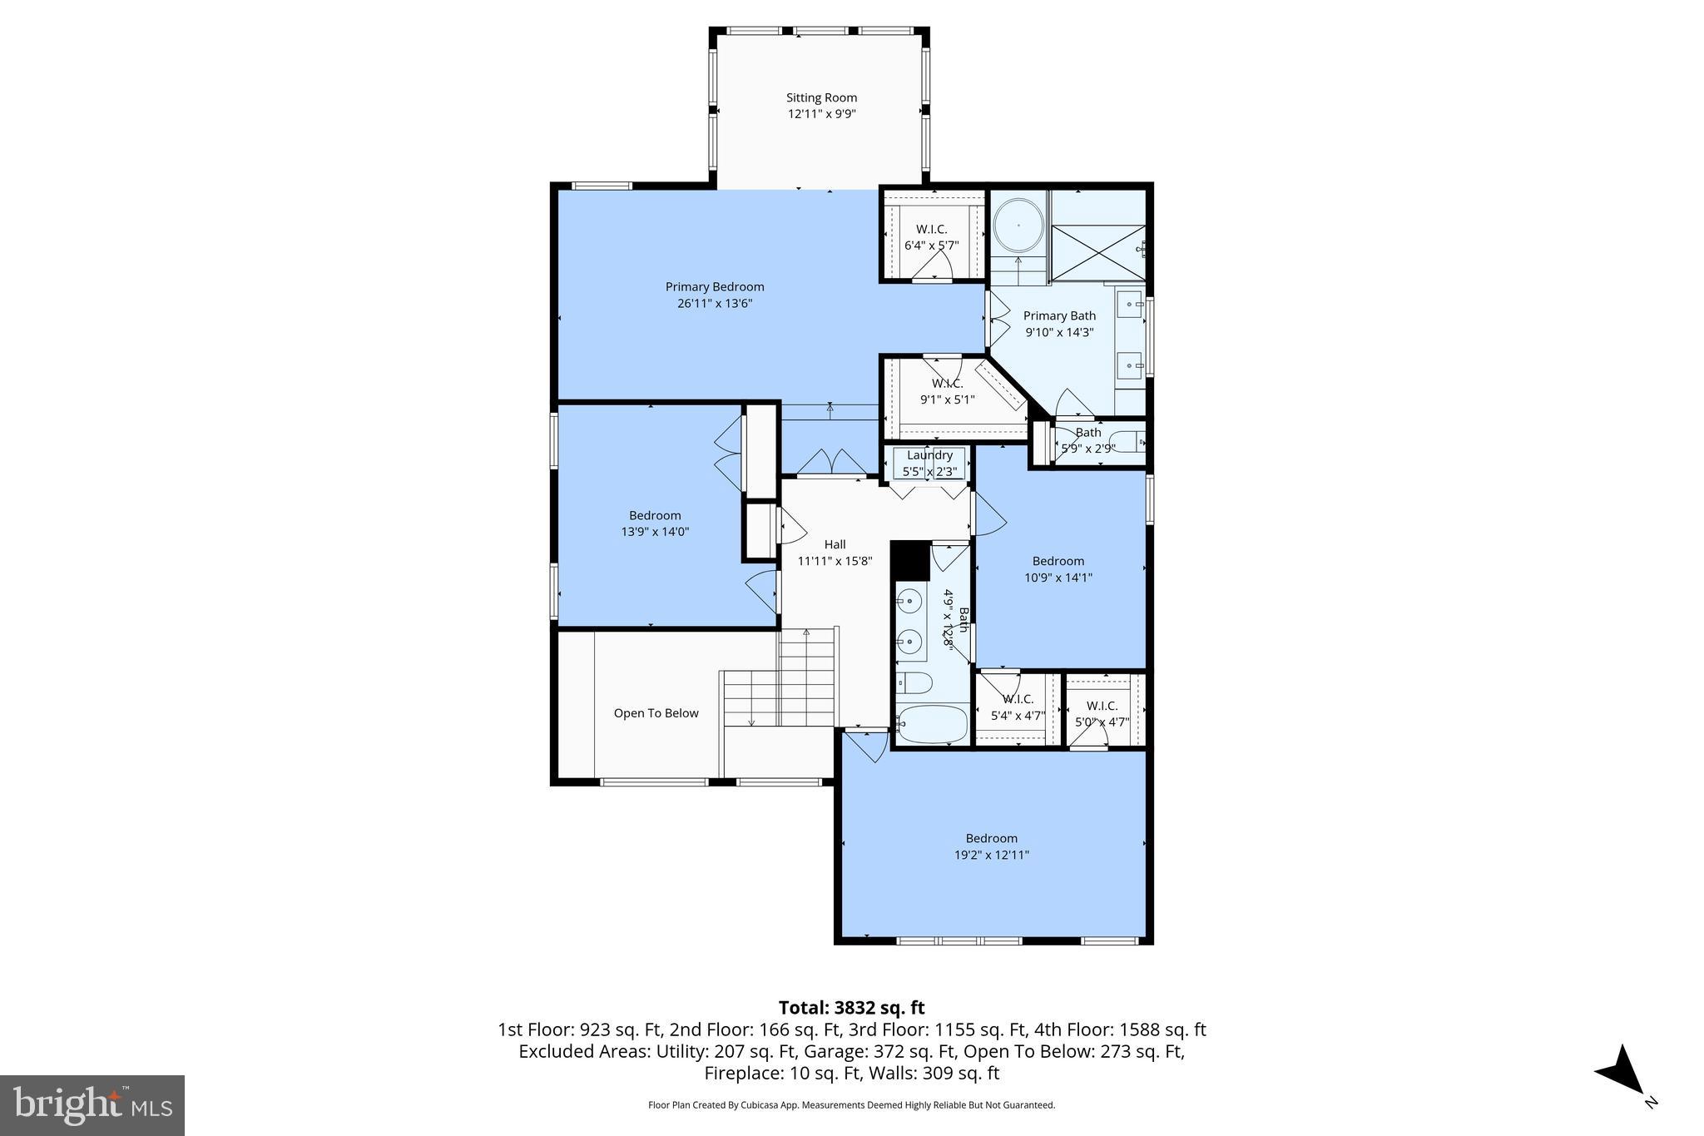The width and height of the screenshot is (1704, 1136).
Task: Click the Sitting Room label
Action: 821,98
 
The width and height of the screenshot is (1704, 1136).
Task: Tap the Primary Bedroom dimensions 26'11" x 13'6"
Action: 714,304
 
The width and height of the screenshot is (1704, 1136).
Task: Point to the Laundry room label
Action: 929,455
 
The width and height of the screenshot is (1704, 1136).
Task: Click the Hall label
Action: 835,544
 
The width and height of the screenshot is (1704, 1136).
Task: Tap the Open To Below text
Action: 656,713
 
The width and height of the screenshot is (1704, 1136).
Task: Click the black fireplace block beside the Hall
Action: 910,561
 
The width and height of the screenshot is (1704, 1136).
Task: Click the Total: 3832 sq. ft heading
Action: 851,1008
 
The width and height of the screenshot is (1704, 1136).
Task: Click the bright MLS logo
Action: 92,1105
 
